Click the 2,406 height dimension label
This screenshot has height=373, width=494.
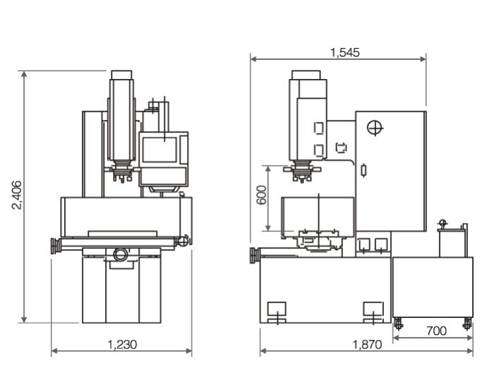[x=17, y=195]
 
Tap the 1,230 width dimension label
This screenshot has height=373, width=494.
[x=122, y=345]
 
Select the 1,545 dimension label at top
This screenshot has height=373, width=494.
[x=344, y=53]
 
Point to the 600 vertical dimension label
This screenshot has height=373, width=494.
[x=261, y=195]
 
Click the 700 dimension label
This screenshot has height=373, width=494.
[x=436, y=331]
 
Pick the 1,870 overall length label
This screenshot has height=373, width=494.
[x=367, y=345]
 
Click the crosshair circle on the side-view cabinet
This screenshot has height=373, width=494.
[x=375, y=128]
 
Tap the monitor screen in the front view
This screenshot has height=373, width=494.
[x=159, y=149]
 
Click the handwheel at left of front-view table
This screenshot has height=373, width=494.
[x=56, y=246]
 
